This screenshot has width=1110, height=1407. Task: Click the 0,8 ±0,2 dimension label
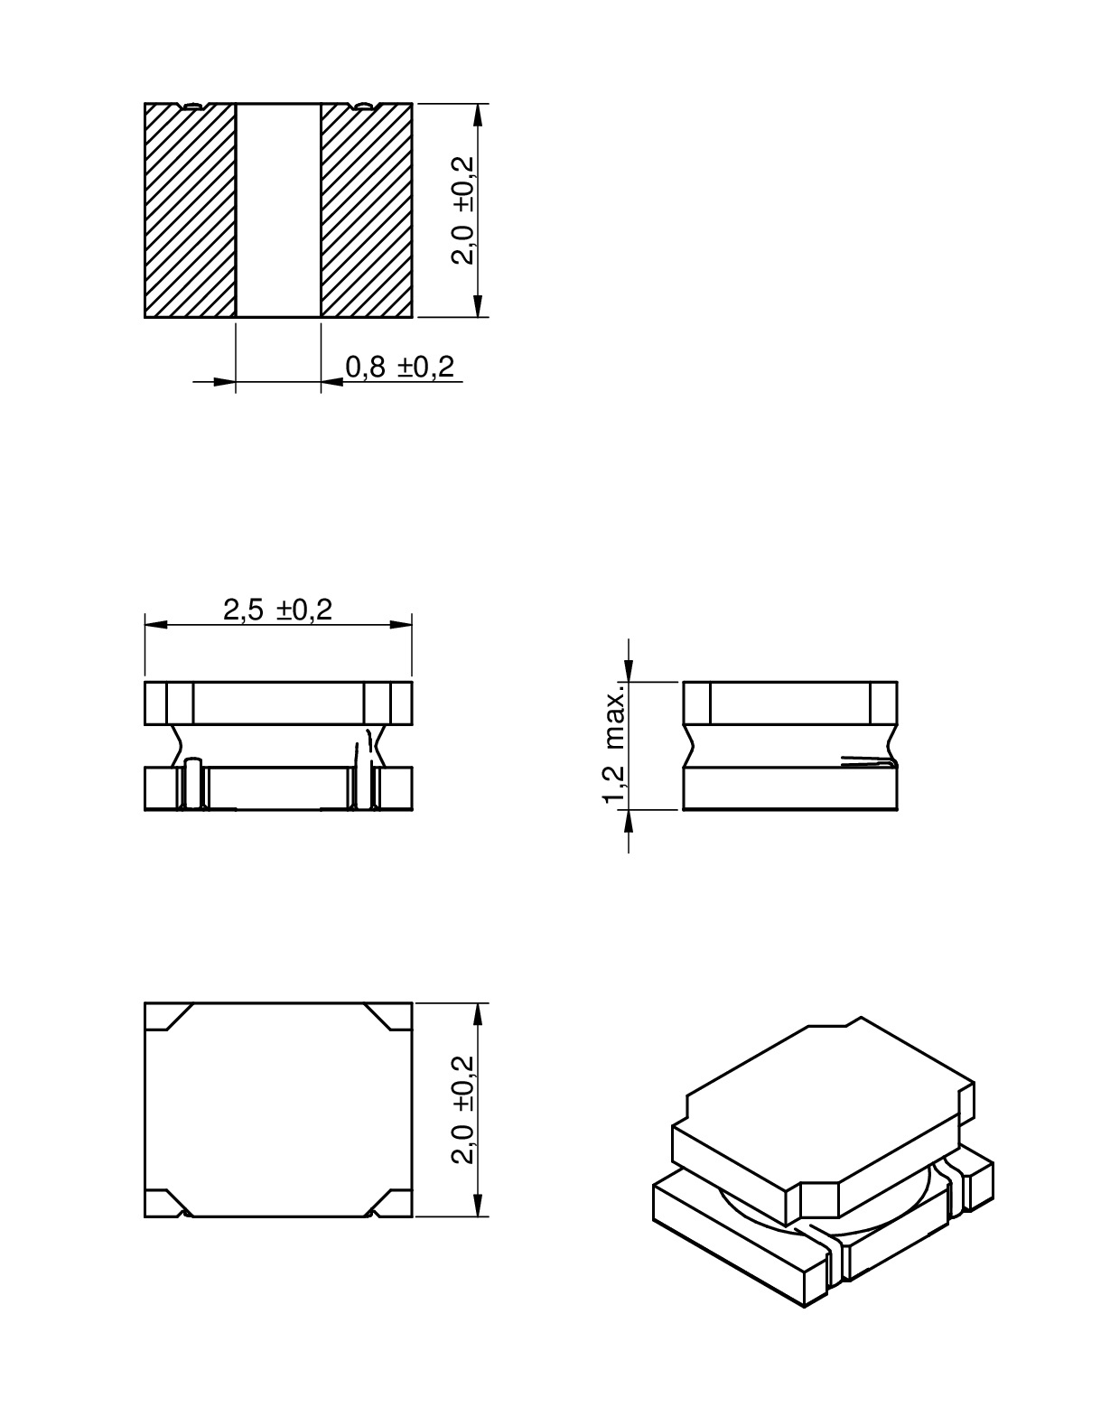click(399, 367)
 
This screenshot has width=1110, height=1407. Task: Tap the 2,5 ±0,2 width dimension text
click(278, 610)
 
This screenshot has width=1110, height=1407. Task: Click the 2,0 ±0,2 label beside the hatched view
click(464, 210)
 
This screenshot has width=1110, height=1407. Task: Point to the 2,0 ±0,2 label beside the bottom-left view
click(464, 1110)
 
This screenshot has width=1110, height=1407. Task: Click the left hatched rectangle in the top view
click(190, 210)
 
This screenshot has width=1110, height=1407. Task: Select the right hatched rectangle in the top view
click(367, 210)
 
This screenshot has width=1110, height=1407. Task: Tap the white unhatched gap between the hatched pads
click(278, 210)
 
